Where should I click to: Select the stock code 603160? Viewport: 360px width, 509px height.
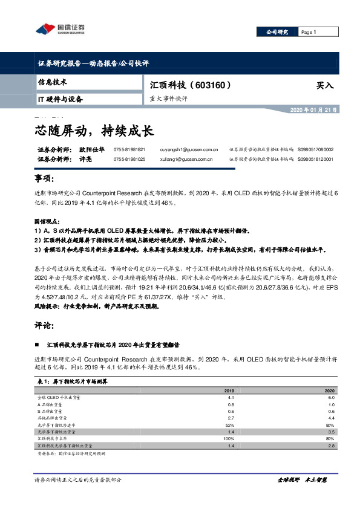coord(210,85)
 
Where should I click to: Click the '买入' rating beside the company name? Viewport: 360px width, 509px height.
coord(325,86)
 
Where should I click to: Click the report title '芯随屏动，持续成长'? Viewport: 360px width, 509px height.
coord(93,129)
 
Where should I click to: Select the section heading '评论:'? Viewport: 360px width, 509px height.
coord(45,325)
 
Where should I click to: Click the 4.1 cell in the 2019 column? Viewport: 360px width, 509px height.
coord(231,398)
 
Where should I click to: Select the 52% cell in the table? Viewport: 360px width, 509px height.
coord(230,426)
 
